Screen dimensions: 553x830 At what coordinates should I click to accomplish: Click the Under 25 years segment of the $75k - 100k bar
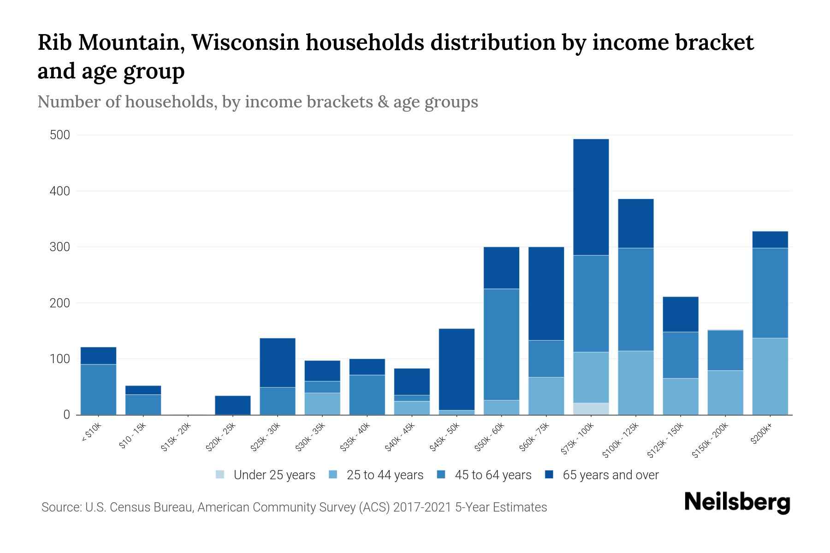(591, 409)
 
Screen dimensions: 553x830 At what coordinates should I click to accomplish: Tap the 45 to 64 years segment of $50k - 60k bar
(501, 344)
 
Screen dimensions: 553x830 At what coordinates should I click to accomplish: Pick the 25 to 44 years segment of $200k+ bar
(770, 377)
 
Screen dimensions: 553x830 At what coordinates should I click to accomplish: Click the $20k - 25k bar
(233, 405)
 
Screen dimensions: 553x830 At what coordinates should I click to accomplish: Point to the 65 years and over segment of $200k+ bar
(770, 240)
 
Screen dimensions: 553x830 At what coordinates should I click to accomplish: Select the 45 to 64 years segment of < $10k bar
(98, 389)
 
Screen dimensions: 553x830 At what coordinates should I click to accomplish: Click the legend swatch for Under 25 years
(220, 475)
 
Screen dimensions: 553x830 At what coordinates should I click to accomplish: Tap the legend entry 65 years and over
(610, 475)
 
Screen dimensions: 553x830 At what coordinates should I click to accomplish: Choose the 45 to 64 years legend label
(492, 475)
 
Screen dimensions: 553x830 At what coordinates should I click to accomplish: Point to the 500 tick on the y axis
(60, 135)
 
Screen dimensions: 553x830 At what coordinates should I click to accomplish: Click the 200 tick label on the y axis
(60, 303)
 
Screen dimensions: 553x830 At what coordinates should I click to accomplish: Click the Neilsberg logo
(737, 502)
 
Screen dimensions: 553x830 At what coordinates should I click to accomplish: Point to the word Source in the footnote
(60, 507)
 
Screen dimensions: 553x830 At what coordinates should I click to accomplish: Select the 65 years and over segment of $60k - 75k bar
(546, 294)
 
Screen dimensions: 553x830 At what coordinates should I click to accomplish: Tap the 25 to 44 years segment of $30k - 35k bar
(322, 404)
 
